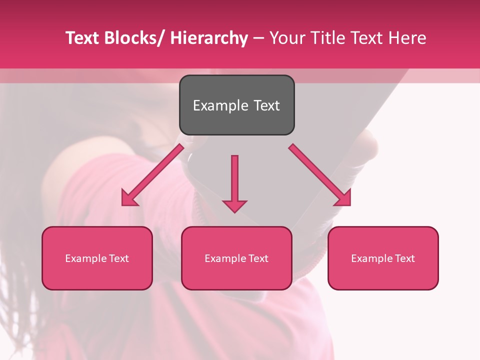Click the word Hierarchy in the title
(x=208, y=38)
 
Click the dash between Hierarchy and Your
(x=258, y=38)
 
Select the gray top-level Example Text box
(x=236, y=105)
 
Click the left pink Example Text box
(x=97, y=258)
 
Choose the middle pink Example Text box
(x=236, y=258)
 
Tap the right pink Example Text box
(x=383, y=258)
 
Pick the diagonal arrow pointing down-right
(x=319, y=174)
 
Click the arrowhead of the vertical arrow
(x=234, y=206)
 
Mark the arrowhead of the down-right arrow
(x=343, y=199)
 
